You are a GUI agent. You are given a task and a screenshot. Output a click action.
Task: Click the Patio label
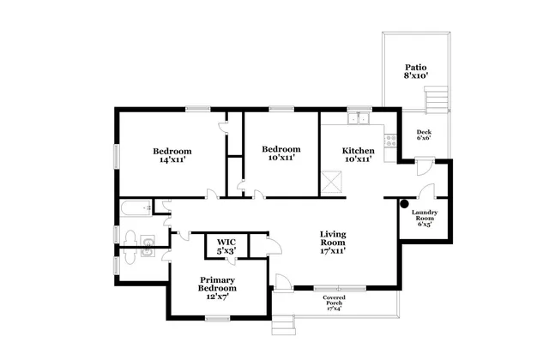[416, 67]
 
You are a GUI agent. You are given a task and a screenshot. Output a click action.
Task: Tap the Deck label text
[424, 131]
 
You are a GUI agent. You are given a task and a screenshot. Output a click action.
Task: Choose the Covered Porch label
[335, 300]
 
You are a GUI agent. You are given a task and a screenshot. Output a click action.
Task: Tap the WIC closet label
[226, 243]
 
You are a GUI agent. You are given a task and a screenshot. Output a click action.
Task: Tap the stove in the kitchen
[391, 141]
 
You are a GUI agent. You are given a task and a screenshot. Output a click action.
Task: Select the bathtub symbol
[134, 207]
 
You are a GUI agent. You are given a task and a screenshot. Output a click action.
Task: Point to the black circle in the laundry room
[403, 204]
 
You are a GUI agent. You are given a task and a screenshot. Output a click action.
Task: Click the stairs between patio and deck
[436, 103]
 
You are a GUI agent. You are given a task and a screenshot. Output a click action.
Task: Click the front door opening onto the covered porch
[282, 282]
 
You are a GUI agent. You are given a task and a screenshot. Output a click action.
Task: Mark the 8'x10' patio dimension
[416, 76]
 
